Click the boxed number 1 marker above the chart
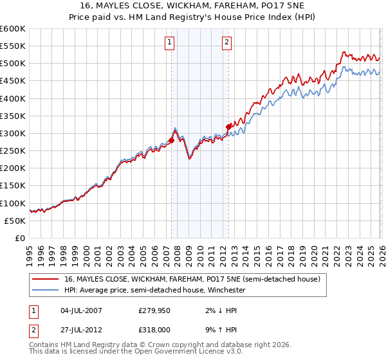point(170,43)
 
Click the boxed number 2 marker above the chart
point(227,43)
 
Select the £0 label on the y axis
point(21,238)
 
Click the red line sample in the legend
point(45,279)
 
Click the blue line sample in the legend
point(45,290)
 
